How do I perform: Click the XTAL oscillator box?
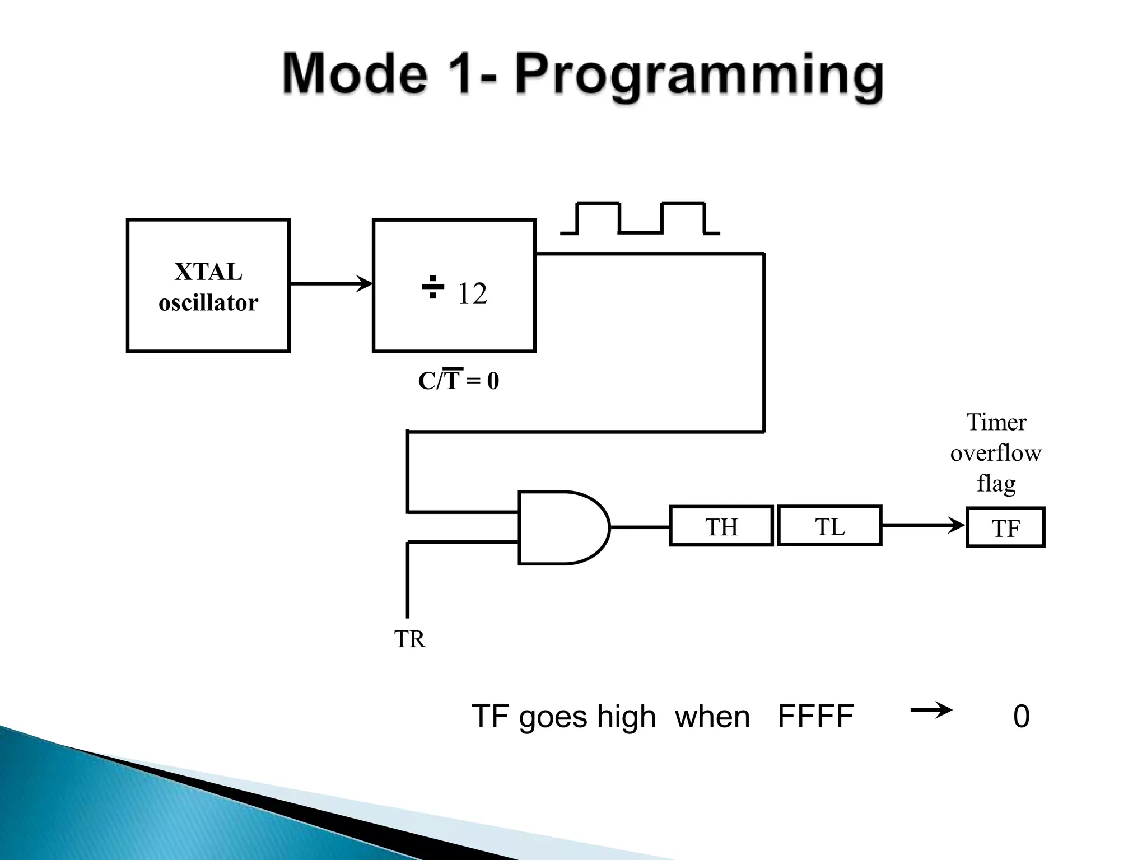pos(208,286)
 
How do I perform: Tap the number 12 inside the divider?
pos(472,294)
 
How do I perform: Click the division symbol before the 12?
pos(432,287)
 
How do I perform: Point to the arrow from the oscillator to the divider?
pos(330,284)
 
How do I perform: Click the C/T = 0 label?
pos(458,381)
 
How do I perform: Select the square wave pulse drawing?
pos(640,218)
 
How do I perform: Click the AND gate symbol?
pos(560,527)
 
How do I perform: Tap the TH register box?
pos(721,526)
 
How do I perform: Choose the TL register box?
pos(829,526)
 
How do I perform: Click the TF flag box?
pos(1005,528)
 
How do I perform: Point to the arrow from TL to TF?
pos(923,525)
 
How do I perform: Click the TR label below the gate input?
pos(409,639)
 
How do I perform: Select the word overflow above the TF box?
pos(995,453)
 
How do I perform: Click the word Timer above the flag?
pos(996,422)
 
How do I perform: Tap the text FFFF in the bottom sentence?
pos(815,716)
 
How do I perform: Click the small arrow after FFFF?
pos(931,711)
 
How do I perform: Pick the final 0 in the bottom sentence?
pos(1021,717)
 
